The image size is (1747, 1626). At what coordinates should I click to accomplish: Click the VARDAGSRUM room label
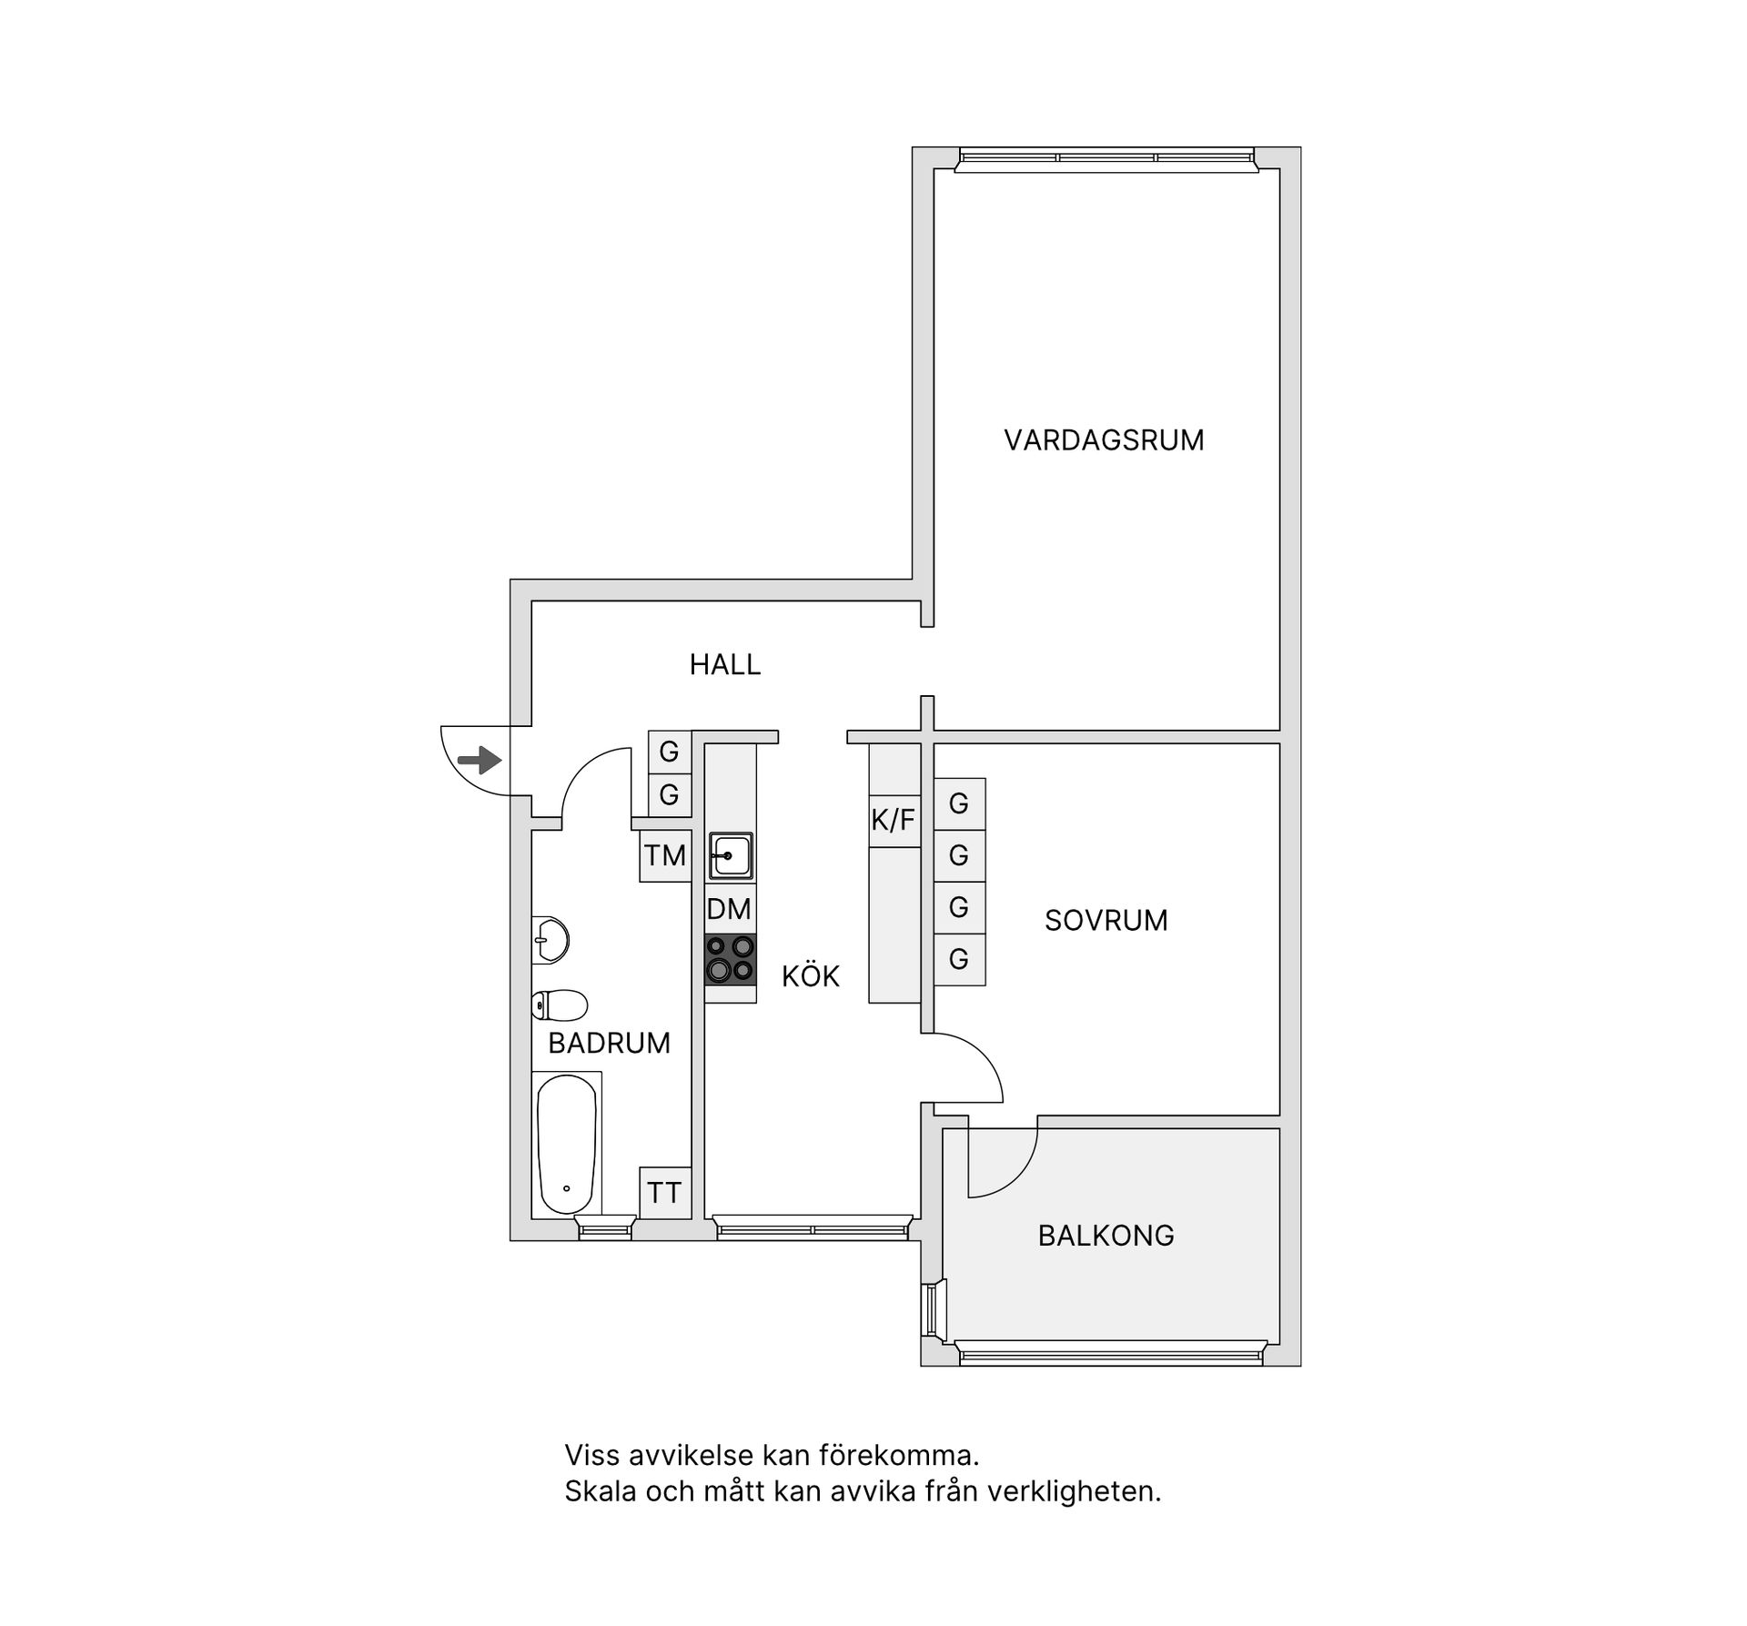coord(1104,440)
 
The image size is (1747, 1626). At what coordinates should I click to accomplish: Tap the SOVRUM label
coord(1106,920)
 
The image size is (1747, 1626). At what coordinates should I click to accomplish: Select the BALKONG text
coord(1106,1235)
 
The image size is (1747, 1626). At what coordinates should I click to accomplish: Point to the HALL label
coord(724,664)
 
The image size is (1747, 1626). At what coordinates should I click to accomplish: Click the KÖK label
coord(810,976)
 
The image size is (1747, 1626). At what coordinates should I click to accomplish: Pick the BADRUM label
coord(609,1042)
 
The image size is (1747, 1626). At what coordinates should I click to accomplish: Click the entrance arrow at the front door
coord(480,759)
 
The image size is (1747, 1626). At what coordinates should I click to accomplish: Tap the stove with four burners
coord(731,959)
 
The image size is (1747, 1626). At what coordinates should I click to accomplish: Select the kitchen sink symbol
coord(731,856)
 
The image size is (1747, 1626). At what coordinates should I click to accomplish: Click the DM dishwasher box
coord(729,908)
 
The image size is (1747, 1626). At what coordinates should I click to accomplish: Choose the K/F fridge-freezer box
coord(894,820)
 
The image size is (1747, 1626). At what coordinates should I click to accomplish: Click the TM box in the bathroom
coord(665,855)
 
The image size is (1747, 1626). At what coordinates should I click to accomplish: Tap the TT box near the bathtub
coord(664,1192)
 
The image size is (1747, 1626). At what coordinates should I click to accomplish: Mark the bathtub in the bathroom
coord(567,1143)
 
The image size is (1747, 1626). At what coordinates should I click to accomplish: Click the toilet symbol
coord(559,1005)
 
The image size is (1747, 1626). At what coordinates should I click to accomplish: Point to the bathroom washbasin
coord(550,939)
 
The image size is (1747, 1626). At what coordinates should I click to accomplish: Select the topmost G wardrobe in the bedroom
coord(959,803)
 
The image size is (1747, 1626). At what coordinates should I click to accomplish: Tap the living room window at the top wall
coord(1106,158)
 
